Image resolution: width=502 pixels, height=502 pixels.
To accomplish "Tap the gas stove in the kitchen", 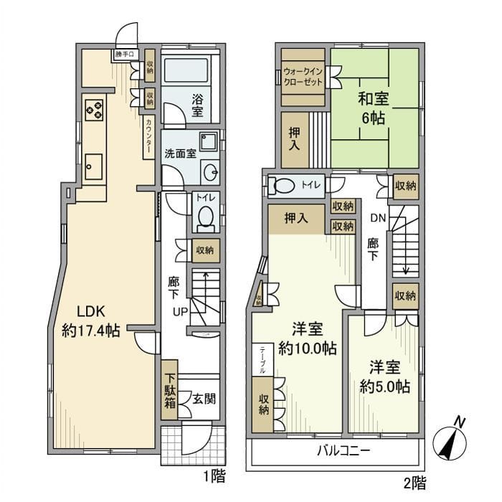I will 95,109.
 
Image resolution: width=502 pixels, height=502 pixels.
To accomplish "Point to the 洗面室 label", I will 178,153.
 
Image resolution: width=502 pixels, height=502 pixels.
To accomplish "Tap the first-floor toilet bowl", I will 205,215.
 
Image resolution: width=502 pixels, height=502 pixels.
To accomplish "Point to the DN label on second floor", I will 378,218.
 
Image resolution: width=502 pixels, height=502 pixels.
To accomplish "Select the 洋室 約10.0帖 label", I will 307,339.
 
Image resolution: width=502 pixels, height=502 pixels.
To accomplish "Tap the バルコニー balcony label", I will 344,453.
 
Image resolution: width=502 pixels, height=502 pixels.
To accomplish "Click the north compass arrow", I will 452,441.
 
